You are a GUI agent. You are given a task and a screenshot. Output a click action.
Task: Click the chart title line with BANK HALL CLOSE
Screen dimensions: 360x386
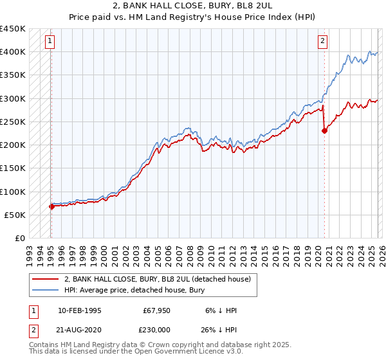click(x=192, y=7)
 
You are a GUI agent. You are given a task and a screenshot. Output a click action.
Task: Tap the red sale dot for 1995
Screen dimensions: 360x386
click(x=51, y=206)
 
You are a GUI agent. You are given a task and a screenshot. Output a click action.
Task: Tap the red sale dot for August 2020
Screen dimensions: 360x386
click(x=324, y=131)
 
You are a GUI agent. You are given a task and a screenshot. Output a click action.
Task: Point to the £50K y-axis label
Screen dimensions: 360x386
click(x=15, y=215)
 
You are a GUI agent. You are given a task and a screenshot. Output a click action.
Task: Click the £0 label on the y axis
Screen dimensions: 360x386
click(x=19, y=238)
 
